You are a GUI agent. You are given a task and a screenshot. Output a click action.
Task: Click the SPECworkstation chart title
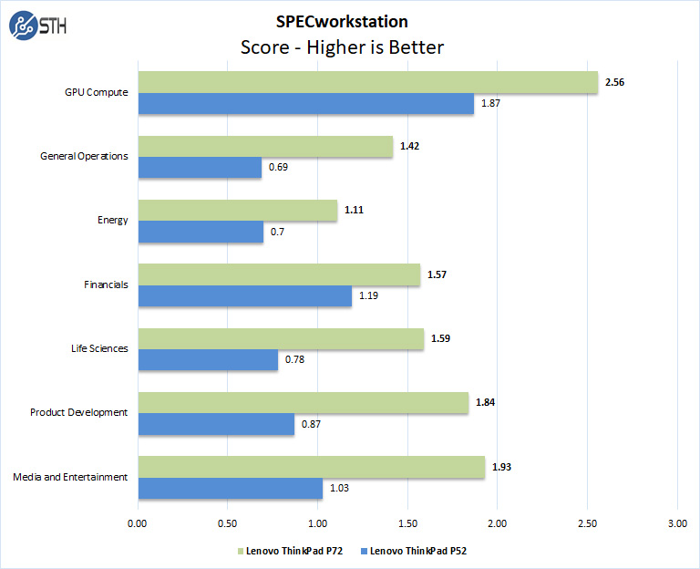click(341, 21)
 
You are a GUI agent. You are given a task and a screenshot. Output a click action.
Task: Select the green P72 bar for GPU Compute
click(367, 82)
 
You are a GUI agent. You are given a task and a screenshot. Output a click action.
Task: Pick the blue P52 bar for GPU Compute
click(305, 104)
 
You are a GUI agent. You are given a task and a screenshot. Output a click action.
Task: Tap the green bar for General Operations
click(265, 146)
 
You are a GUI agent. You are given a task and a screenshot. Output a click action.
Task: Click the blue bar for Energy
click(201, 232)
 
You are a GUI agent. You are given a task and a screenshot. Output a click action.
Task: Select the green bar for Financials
click(279, 274)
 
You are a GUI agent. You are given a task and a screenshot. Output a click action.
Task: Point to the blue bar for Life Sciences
click(208, 360)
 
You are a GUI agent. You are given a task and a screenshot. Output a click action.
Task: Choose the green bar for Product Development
click(303, 402)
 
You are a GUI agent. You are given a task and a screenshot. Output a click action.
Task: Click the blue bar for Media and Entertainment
click(230, 489)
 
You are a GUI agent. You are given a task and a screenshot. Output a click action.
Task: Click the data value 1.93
click(501, 467)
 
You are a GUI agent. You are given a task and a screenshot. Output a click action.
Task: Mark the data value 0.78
click(294, 360)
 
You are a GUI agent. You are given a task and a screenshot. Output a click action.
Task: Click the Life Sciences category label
click(99, 348)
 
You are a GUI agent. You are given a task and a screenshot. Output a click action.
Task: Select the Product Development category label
click(79, 412)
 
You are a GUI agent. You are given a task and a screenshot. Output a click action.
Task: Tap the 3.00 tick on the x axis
click(677, 523)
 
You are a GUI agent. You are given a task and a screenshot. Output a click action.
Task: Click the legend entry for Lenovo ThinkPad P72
click(289, 550)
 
